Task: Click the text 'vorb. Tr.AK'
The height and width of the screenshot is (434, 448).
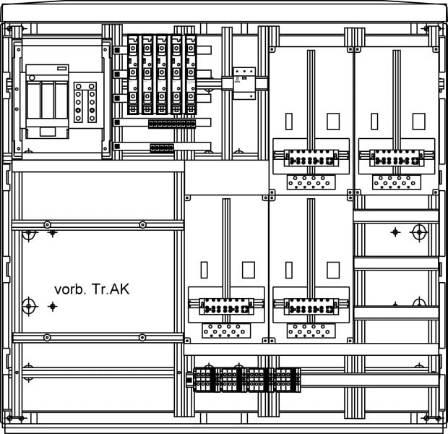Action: coord(92,289)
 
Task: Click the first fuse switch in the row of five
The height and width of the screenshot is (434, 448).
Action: coord(133,75)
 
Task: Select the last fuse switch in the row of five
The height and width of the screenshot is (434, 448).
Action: coord(191,75)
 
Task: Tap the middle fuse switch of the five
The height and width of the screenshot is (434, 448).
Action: coord(162,75)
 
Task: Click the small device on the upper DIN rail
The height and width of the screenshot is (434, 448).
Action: coord(244,83)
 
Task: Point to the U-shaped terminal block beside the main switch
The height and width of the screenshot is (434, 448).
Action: coord(85,102)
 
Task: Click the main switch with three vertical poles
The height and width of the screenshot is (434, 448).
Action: coord(47,101)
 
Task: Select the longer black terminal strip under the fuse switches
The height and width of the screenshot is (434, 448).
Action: coord(172,124)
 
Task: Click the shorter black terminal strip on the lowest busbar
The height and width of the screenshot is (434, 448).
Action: coord(162,148)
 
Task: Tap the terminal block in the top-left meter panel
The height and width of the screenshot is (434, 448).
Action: coord(311,158)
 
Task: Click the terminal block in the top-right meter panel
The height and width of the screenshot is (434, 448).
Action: coord(397,158)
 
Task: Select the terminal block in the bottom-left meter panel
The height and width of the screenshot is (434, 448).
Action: coord(226,307)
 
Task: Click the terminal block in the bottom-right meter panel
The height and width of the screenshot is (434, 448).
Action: coord(311,307)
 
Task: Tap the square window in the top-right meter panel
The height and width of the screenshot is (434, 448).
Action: coord(418,122)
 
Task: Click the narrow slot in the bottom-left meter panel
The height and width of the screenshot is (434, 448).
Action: coord(204,270)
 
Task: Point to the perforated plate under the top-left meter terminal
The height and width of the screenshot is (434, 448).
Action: coord(311,182)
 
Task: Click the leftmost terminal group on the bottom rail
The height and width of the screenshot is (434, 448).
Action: coord(206,380)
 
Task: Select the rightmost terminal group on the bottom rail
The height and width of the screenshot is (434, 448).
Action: coord(288,380)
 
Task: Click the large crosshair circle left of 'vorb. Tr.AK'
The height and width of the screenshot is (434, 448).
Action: coord(29,307)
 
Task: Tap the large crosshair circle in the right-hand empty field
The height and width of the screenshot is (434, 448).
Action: coord(419,232)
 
